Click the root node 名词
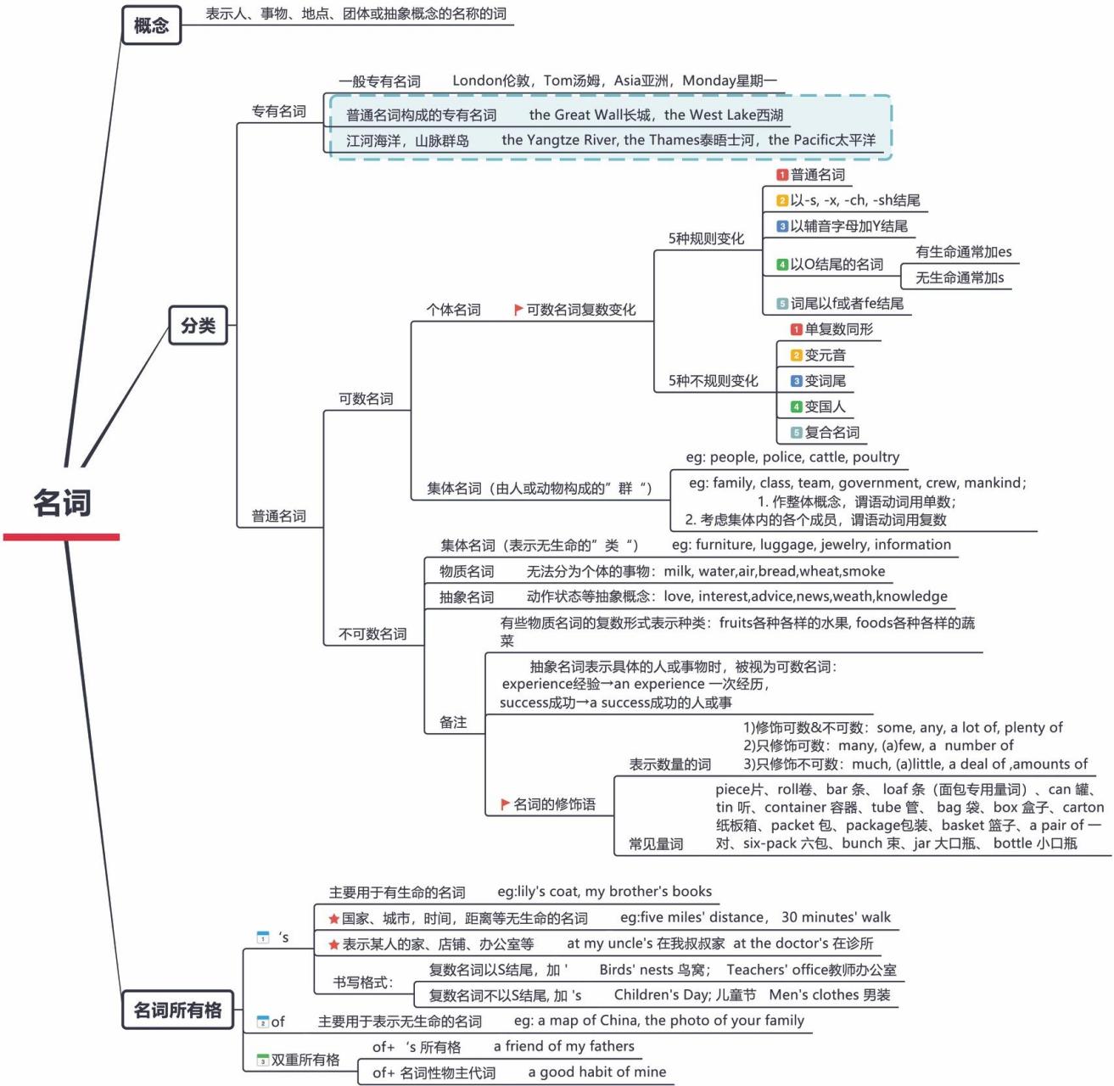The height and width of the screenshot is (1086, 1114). click(62, 502)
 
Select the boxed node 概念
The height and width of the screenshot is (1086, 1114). click(151, 25)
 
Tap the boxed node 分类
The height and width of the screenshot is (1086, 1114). click(198, 325)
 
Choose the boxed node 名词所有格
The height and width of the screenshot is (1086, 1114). click(177, 1010)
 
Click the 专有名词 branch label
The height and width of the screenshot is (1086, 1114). click(278, 111)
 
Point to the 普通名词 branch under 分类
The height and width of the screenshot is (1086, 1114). click(278, 516)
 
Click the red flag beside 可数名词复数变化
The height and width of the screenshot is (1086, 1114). click(518, 310)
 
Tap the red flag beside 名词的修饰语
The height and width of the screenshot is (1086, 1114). click(505, 803)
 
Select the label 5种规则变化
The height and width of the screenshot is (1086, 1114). click(706, 239)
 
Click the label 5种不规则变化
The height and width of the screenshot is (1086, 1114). click(713, 381)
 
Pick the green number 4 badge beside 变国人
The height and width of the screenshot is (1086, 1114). click(796, 407)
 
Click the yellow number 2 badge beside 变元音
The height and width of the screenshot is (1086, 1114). click(796, 355)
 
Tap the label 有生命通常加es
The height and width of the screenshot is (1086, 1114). click(963, 252)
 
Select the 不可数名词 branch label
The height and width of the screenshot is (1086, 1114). click(372, 634)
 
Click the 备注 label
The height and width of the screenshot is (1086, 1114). click(453, 722)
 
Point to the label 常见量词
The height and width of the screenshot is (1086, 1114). click(656, 844)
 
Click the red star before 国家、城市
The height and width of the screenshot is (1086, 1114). click(334, 919)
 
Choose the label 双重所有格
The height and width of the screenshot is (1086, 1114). click(305, 1060)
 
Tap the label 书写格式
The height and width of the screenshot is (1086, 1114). click(363, 982)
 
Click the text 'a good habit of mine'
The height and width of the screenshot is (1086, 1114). click(596, 1072)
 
